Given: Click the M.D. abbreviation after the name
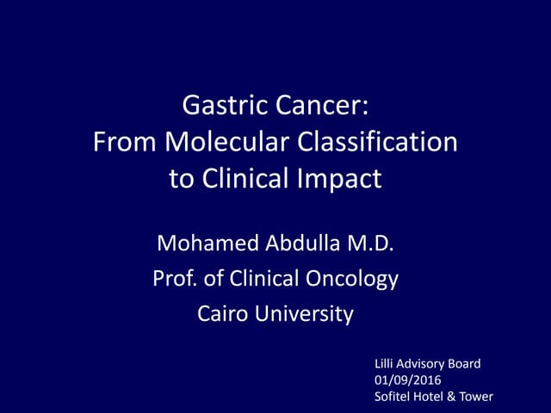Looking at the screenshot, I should click(x=371, y=244).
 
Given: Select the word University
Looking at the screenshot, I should click(x=306, y=314).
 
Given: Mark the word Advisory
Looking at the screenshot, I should click(x=423, y=364).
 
